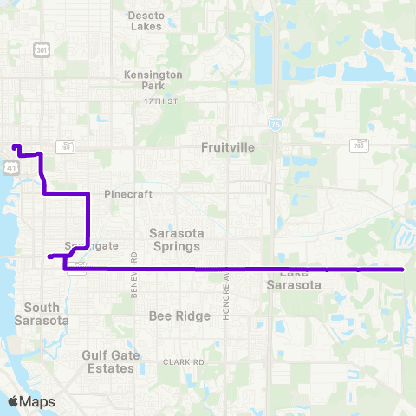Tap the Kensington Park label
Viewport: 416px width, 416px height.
153,81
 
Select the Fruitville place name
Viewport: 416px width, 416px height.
228,148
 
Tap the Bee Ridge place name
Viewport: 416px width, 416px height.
179,316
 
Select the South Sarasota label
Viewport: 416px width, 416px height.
42,314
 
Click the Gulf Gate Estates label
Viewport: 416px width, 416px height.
109,361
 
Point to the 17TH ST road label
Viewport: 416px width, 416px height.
160,101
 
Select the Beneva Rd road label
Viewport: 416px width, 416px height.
134,274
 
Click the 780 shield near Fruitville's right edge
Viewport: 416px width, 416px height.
359,146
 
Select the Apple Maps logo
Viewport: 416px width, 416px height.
31,402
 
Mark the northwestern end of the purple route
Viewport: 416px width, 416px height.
15,146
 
